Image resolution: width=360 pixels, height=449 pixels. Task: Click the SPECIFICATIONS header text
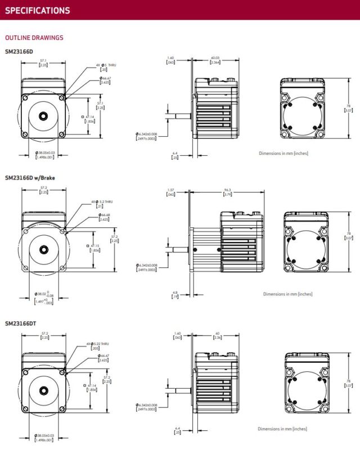[x=38, y=10]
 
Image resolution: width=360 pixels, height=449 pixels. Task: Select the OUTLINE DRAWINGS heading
[x=34, y=38]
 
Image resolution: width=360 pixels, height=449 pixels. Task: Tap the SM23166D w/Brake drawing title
[x=30, y=178]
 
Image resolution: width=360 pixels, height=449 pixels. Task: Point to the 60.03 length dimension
[x=215, y=60]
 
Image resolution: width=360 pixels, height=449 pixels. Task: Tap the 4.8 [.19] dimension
[x=176, y=294]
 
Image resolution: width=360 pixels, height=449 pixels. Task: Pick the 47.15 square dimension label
[x=94, y=248]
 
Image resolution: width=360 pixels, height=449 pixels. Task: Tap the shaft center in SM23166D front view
[x=43, y=116]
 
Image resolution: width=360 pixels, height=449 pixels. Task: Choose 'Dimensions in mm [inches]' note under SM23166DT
[x=283, y=429]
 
